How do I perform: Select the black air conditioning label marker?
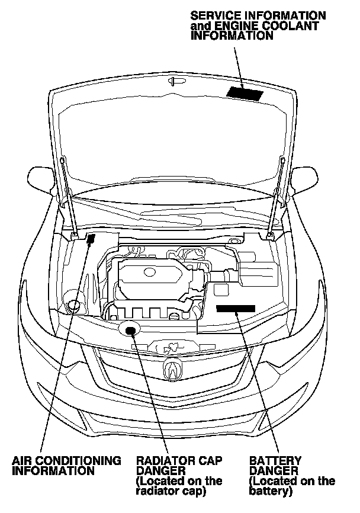pyautogui.click(x=91, y=239)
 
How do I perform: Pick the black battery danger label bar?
pyautogui.click(x=235, y=308)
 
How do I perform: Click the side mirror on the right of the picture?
pyautogui.click(x=307, y=176)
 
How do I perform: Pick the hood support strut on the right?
pyautogui.click(x=276, y=195)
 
